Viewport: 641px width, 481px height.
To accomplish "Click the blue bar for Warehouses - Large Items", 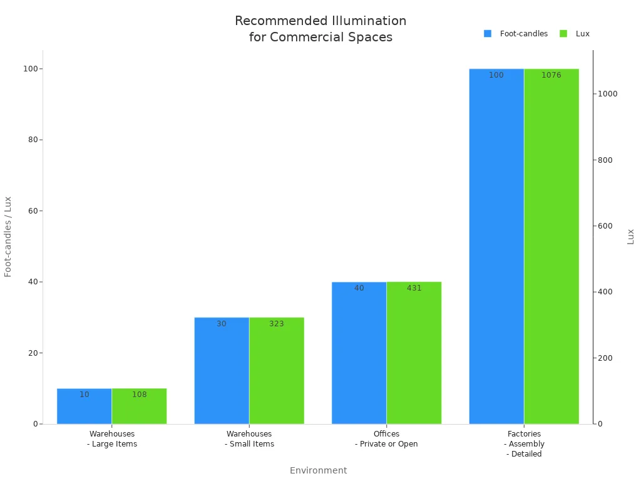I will coord(85,407).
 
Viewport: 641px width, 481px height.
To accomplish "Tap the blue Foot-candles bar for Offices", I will coord(359,353).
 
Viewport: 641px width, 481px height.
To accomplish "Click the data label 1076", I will coord(551,75).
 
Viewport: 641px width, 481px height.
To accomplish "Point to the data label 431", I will coord(414,288).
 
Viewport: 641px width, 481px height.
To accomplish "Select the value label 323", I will coord(277,324).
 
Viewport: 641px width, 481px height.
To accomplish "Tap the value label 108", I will coord(139,395).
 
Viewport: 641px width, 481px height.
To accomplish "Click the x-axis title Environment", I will coord(318,470).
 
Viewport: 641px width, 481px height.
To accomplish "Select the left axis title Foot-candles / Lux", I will coord(8,237).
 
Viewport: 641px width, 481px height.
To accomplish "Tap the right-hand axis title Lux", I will coord(630,237).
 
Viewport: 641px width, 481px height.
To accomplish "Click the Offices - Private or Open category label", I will coord(386,438).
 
